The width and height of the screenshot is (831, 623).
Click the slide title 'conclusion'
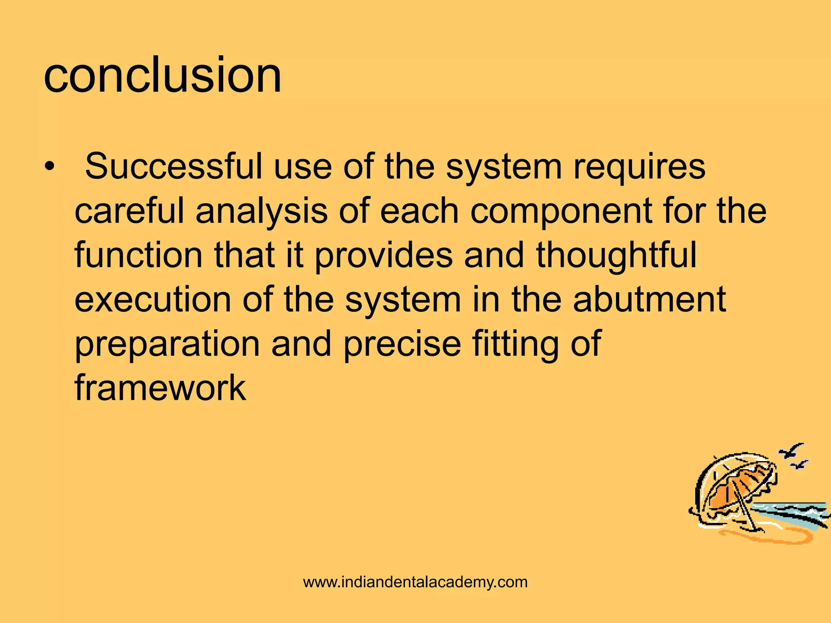click(162, 75)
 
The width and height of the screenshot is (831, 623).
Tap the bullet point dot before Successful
click(49, 167)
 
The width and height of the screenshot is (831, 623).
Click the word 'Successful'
click(174, 166)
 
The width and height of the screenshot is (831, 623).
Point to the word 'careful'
click(129, 211)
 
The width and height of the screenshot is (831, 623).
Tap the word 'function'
click(138, 255)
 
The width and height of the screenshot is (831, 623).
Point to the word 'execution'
click(153, 300)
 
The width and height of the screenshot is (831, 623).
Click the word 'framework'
click(160, 388)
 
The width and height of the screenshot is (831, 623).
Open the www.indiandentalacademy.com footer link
click(415, 582)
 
